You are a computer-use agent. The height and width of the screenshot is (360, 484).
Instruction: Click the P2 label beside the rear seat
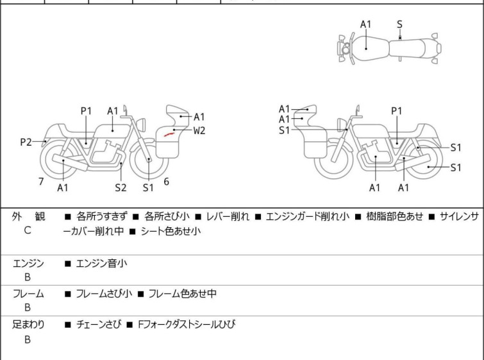pyautogui.click(x=26, y=142)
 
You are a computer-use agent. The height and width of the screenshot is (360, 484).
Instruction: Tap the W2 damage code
pyautogui.click(x=199, y=130)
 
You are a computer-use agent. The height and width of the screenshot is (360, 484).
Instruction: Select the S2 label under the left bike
pyautogui.click(x=121, y=187)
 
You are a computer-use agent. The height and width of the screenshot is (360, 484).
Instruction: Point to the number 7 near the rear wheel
pyautogui.click(x=41, y=182)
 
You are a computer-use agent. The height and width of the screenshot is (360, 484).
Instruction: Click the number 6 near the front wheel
pyautogui.click(x=166, y=182)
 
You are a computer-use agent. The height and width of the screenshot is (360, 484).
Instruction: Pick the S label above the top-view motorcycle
pyautogui.click(x=399, y=24)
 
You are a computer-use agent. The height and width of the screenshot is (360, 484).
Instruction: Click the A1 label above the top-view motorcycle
pyautogui.click(x=365, y=24)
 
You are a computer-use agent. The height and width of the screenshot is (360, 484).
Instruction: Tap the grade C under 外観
pyautogui.click(x=27, y=230)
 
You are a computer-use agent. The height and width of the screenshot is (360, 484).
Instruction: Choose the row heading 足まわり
pyautogui.click(x=29, y=325)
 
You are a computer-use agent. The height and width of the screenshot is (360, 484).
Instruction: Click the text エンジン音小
pyautogui.click(x=99, y=263)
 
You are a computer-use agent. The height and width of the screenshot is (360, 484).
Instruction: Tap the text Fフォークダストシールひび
pyautogui.click(x=187, y=325)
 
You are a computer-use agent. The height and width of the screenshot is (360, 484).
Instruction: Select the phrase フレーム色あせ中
pyautogui.click(x=182, y=294)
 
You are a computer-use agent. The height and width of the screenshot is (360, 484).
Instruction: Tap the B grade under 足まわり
pyautogui.click(x=27, y=339)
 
